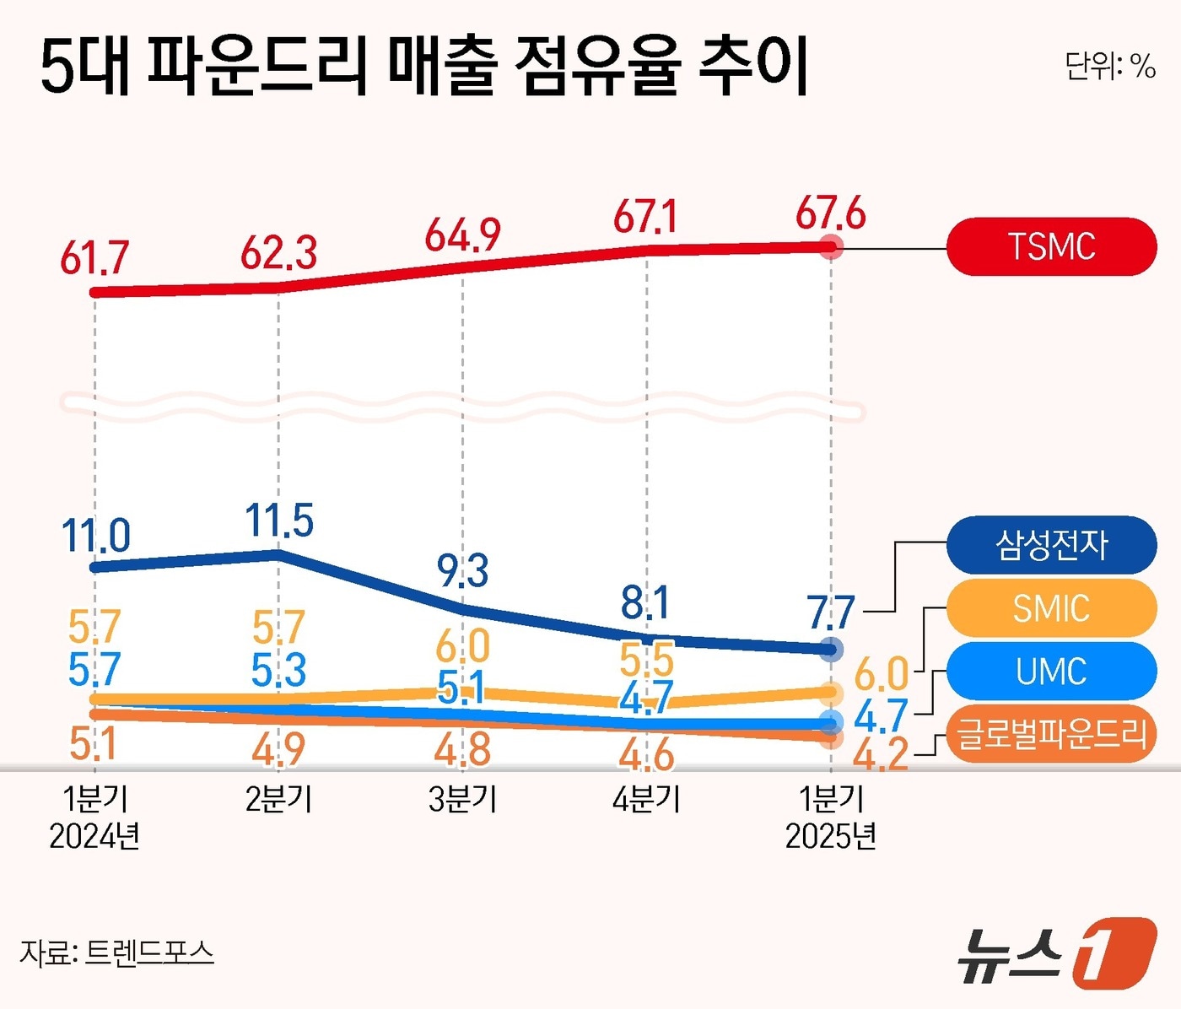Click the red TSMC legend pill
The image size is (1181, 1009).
(x=1051, y=246)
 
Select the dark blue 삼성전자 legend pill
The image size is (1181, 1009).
(x=1051, y=545)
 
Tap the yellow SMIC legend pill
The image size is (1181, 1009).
(x=1051, y=608)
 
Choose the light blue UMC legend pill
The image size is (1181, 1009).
(x=1051, y=672)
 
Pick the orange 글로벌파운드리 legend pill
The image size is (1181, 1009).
(x=1051, y=734)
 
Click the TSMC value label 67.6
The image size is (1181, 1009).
(x=830, y=213)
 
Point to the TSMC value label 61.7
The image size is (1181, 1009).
(x=94, y=258)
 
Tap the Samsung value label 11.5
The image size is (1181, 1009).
(x=279, y=521)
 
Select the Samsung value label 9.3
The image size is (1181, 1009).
(x=462, y=572)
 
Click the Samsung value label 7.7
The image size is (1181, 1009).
(x=831, y=613)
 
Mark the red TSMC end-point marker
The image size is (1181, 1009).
(x=832, y=247)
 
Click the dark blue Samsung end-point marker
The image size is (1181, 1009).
(x=832, y=649)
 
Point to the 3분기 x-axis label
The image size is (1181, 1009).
(x=462, y=799)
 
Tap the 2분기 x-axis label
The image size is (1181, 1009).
(x=278, y=799)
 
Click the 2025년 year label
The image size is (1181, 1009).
(x=830, y=837)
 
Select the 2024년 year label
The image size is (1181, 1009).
(x=94, y=837)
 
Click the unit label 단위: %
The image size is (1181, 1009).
(x=1109, y=65)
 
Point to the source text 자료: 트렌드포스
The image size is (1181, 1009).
(x=116, y=952)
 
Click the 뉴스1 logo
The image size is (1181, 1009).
(x=1057, y=953)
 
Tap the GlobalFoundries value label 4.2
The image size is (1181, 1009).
(x=881, y=754)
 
